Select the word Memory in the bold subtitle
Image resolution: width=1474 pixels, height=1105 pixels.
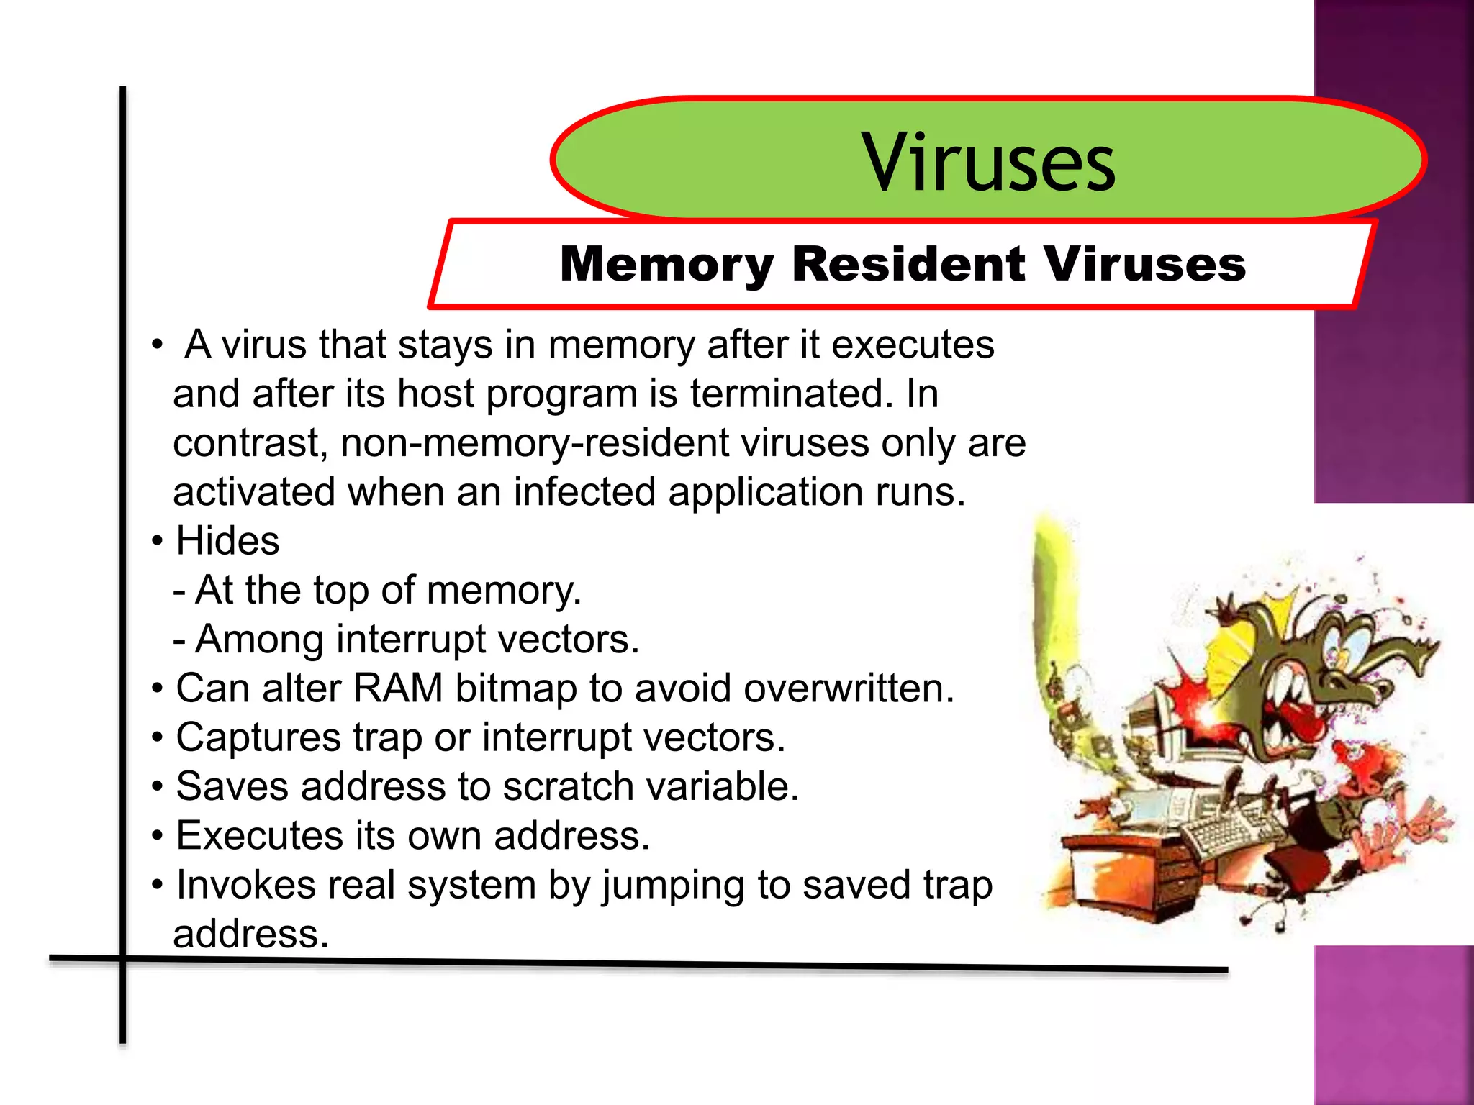(x=666, y=265)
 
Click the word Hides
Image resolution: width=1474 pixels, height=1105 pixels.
(x=227, y=541)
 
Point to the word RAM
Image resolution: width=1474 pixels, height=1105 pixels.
(x=397, y=688)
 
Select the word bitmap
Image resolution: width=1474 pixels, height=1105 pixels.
(x=516, y=689)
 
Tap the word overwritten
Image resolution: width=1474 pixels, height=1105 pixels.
(x=849, y=688)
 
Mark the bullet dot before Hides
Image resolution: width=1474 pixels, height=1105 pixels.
(x=158, y=541)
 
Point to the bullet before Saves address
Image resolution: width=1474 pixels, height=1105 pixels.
(x=158, y=787)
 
